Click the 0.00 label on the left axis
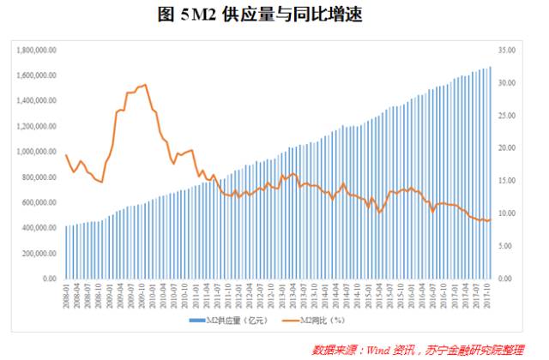(x=48, y=279)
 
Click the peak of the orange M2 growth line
(x=144, y=85)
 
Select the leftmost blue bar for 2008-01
(x=66, y=253)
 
